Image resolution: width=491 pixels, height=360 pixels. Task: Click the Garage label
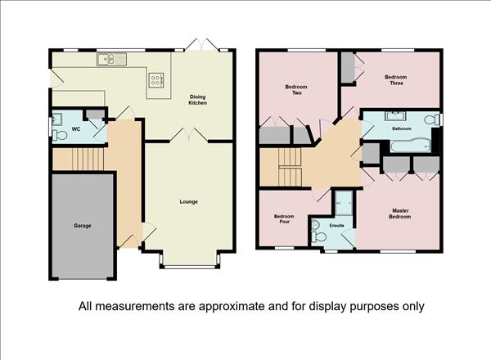pos(83,225)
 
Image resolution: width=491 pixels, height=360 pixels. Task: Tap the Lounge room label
pos(188,201)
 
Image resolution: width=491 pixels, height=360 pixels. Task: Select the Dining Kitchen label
pos(197,100)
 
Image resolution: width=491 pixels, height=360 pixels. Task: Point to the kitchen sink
pos(111,59)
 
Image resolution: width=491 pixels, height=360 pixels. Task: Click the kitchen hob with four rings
pos(155,79)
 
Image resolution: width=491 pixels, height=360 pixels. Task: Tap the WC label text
pos(76,129)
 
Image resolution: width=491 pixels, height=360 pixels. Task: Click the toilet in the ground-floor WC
pos(60,136)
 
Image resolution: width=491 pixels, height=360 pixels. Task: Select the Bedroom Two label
pos(296,89)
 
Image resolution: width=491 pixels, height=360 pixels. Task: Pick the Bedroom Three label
pos(396,80)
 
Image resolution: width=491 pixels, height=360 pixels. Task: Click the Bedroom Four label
pos(284,218)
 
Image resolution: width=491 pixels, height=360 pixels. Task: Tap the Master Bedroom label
pos(400,214)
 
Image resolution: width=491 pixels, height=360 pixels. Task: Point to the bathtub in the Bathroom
pos(410,146)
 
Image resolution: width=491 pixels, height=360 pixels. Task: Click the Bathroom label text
pos(402,128)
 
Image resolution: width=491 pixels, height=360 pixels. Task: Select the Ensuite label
pos(336,225)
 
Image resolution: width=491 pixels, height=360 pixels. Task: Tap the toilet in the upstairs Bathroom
pos(432,119)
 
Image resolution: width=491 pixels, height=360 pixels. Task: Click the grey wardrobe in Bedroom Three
pos(347,68)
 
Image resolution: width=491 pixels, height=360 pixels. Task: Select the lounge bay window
pos(189,267)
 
